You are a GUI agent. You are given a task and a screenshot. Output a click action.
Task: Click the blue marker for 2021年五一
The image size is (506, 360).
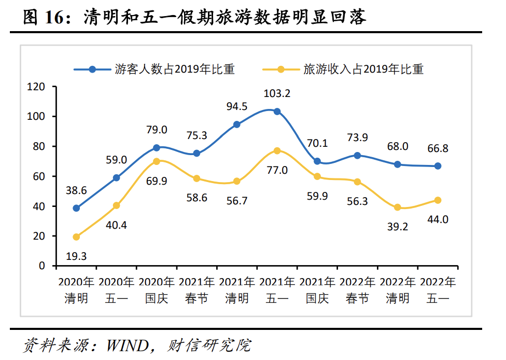[x=277, y=112]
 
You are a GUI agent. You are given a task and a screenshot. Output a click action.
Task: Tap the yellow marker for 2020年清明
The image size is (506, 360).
[x=76, y=237]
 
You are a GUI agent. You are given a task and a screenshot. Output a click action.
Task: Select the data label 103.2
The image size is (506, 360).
[x=277, y=94]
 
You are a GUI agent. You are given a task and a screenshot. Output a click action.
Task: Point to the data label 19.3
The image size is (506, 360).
[x=76, y=255]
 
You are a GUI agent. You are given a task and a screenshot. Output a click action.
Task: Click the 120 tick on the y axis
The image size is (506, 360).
[x=38, y=87]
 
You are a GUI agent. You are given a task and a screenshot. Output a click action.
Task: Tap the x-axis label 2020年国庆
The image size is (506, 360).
[x=157, y=290]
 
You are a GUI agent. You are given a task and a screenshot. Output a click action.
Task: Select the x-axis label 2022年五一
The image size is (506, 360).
[x=438, y=290]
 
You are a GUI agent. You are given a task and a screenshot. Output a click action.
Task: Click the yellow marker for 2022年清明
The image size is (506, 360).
[x=398, y=207]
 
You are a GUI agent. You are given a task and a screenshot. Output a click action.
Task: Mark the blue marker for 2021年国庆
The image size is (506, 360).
[x=317, y=161]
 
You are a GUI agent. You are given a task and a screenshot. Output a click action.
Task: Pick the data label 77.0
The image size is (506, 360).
[x=277, y=170]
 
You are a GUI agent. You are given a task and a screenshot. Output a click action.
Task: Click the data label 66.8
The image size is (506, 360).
[x=438, y=148]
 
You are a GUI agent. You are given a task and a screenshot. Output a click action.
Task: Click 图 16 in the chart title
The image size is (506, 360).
[x=45, y=19]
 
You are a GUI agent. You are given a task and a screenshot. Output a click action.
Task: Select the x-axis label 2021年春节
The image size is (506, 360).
[x=196, y=290]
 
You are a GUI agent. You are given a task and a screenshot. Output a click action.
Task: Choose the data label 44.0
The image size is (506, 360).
[x=438, y=219]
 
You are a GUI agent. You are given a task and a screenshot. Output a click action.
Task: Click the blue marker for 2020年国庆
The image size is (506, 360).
[x=157, y=148]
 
